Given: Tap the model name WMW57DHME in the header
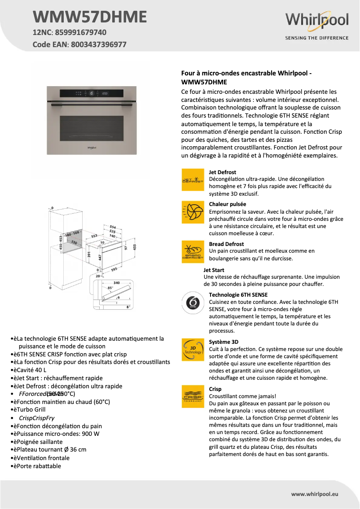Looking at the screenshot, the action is coord(90,17).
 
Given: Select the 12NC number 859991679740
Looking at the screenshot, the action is coord(81,32).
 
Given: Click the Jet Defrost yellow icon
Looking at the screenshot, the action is coord(192,180).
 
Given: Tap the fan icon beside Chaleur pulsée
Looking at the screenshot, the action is coord(192,211).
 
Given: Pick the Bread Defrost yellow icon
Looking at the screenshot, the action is coord(192,251).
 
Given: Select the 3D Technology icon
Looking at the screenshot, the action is coord(192,350).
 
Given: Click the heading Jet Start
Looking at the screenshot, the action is coord(214,270).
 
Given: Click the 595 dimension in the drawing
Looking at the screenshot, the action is coord(114,269).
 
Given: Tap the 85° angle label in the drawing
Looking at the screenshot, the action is coord(110,288).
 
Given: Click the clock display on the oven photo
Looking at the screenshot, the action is coord(104,93).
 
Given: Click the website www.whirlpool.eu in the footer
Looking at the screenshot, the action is coord(315,494).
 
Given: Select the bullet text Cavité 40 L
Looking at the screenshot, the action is coord(31,370).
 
